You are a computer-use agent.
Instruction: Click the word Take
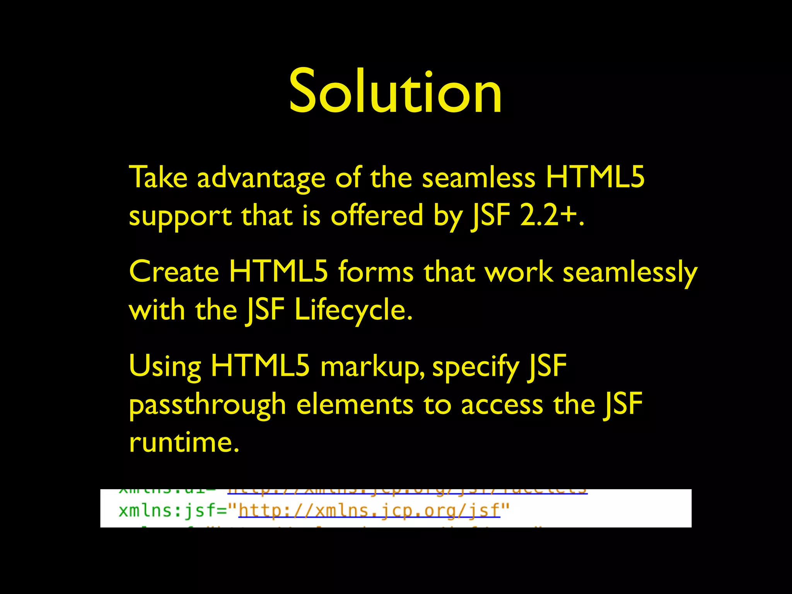point(158,178)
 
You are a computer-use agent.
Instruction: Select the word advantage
point(261,178)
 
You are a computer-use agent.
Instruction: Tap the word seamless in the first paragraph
point(478,178)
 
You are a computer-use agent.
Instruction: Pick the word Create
point(174,272)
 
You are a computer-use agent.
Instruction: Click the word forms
point(376,272)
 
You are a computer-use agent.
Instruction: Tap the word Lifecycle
point(353,311)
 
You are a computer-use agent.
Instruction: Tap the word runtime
point(184,442)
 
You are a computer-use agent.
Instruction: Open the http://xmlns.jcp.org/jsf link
point(369,511)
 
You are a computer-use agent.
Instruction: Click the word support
point(180,216)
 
